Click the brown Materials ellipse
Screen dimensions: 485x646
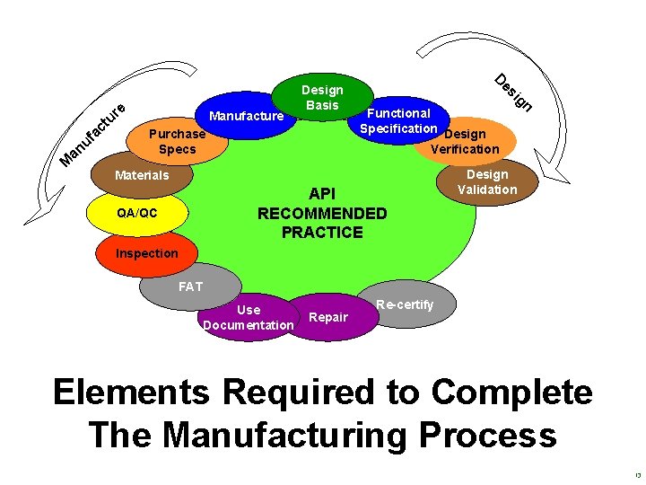pos(142,175)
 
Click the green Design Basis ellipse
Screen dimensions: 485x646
pos(322,98)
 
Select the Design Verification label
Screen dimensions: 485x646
pos(465,142)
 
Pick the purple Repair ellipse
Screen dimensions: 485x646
pos(328,317)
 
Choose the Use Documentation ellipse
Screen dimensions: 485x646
pos(249,316)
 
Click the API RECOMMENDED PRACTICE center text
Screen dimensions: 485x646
pos(322,214)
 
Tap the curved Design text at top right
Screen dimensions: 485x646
pos(514,90)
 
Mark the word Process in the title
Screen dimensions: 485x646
pos(470,435)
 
